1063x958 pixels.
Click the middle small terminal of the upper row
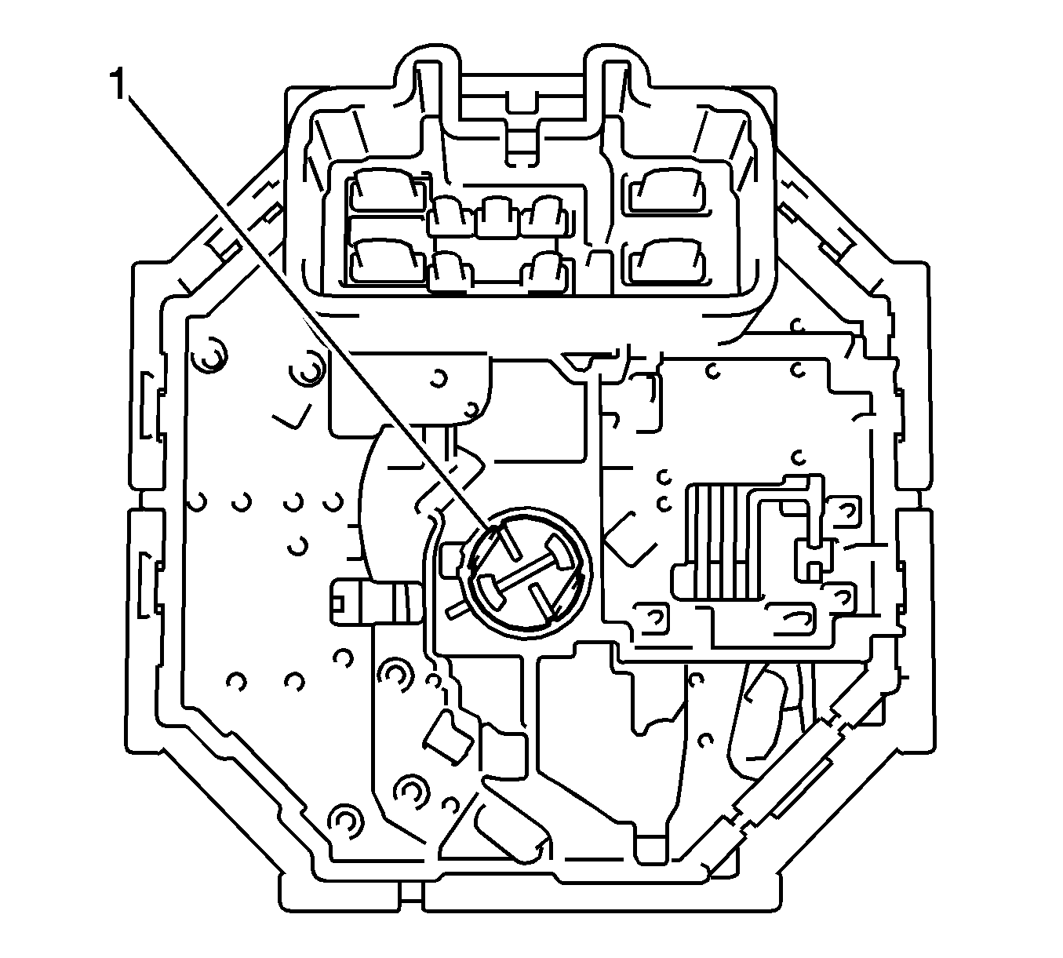(496, 216)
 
